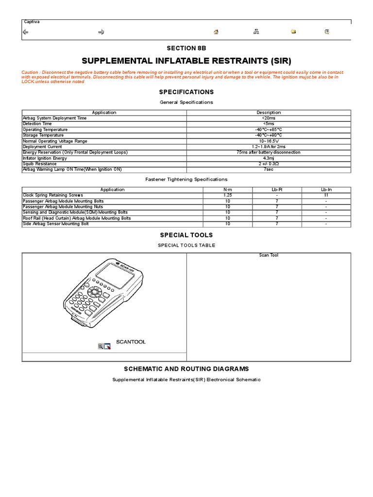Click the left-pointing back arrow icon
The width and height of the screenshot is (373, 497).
26,32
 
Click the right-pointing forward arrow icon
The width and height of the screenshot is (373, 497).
102,32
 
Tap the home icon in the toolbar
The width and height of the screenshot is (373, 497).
216,32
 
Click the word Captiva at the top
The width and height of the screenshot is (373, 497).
32,22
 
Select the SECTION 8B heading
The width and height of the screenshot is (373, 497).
186,48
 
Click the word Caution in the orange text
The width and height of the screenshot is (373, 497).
29,72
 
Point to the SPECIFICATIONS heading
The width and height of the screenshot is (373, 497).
186,92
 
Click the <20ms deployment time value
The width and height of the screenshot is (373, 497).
269,118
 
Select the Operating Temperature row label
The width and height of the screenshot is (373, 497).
45,130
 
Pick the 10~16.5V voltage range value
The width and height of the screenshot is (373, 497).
269,141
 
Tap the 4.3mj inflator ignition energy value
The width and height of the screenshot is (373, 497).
269,158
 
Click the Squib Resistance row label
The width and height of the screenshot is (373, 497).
40,164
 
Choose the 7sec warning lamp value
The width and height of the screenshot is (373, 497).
269,170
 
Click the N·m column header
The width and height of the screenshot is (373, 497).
228,190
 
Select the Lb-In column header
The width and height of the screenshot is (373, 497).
326,190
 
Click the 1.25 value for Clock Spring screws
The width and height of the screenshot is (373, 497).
228,195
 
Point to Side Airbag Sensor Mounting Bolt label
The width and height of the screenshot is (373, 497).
56,224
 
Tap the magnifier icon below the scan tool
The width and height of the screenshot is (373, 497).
101,346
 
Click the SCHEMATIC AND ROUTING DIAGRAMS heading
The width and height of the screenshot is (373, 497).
186,369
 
